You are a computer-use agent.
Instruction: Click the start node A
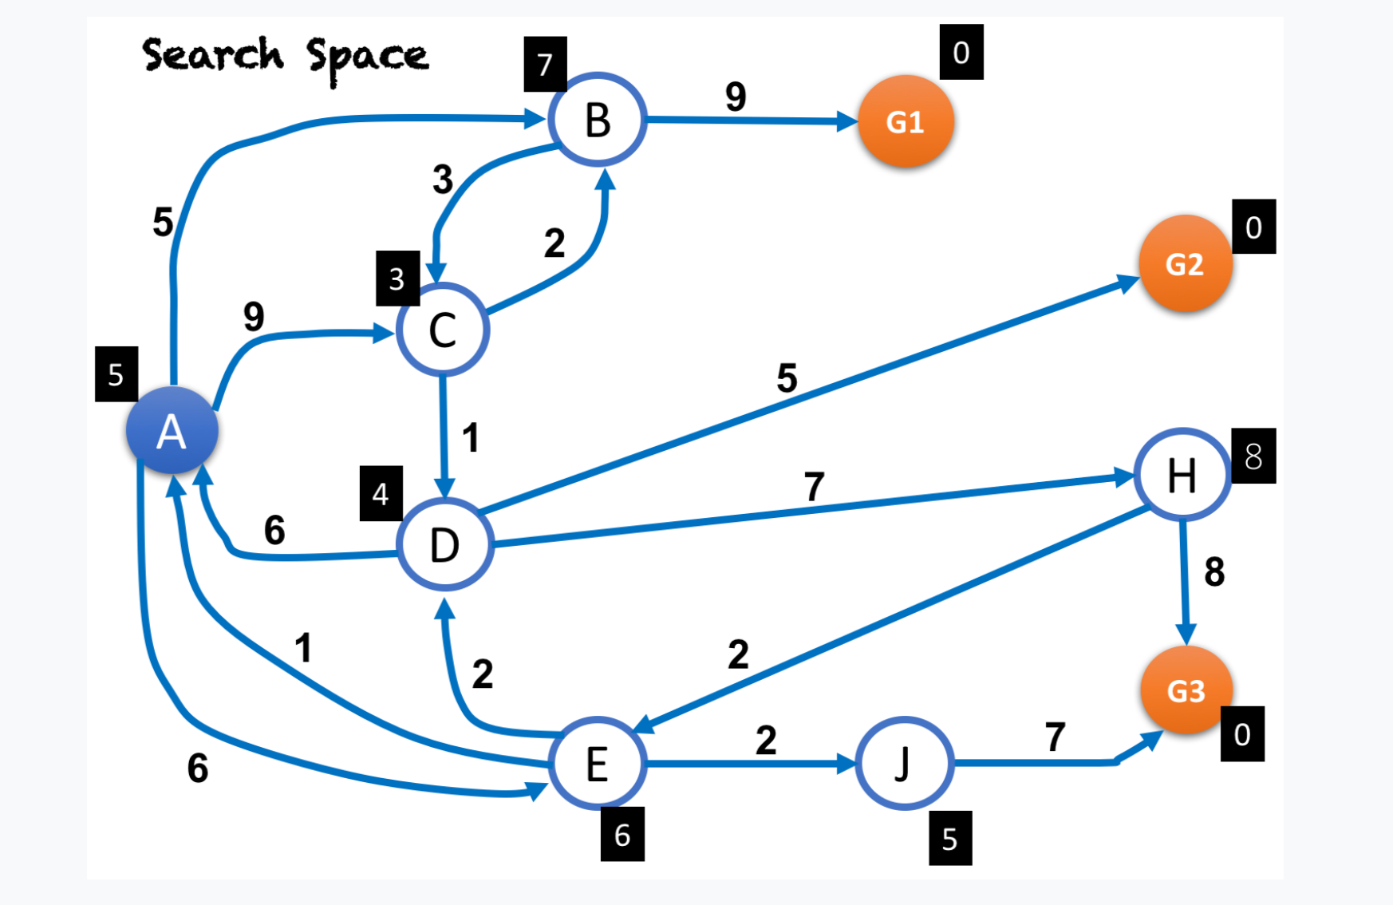[172, 431]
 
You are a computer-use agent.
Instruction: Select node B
[598, 120]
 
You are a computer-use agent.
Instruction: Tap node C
[443, 330]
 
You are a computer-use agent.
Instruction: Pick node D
[444, 545]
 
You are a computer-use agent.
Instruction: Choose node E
[598, 764]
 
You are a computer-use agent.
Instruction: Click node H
[1182, 475]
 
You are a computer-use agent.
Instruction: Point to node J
[904, 764]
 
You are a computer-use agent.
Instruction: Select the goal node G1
[906, 121]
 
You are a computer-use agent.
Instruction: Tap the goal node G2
[1185, 263]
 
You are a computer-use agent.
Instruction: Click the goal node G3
[1186, 690]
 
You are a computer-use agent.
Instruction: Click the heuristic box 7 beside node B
[545, 64]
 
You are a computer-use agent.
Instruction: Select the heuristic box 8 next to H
[1253, 456]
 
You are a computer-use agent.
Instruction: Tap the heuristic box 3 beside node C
[397, 279]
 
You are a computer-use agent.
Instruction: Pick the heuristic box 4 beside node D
[381, 493]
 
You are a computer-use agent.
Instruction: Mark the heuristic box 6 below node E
[622, 834]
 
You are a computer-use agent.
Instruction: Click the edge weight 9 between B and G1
[736, 97]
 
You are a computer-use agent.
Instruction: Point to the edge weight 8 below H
[1214, 571]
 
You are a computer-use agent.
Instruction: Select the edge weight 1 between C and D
[471, 437]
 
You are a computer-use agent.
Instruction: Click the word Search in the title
[213, 54]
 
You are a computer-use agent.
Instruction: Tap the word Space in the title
[368, 57]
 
